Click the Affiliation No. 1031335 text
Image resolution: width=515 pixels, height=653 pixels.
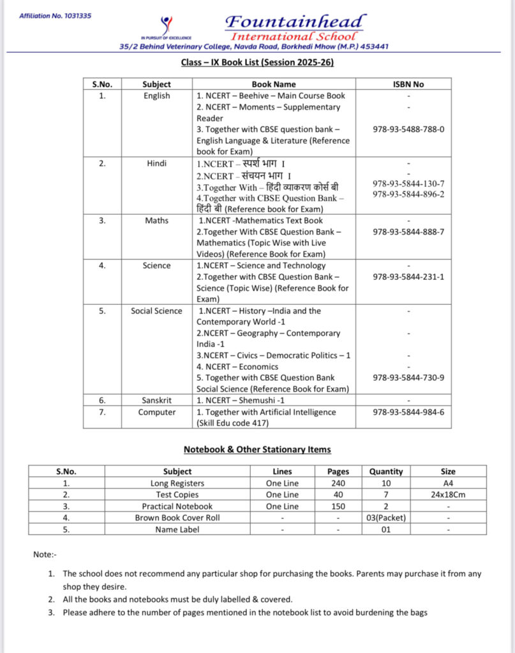pyautogui.click(x=55, y=15)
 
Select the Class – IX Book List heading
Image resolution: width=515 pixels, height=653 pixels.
pyautogui.click(x=257, y=62)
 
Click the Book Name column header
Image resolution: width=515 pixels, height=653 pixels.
pyautogui.click(x=274, y=84)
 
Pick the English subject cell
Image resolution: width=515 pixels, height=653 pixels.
pyautogui.click(x=156, y=96)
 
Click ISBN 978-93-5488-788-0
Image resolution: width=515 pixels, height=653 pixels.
pyautogui.click(x=408, y=129)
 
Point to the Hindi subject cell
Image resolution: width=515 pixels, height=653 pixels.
pyautogui.click(x=156, y=163)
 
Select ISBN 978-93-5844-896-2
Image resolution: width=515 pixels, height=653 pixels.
pyautogui.click(x=408, y=194)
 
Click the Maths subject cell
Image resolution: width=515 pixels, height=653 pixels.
pyautogui.click(x=156, y=221)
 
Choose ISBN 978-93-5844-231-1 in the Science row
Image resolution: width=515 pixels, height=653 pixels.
pyautogui.click(x=408, y=277)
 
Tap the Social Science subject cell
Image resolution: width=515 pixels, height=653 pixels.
pyautogui.click(x=156, y=311)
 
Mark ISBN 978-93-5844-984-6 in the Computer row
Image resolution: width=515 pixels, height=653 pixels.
pyautogui.click(x=408, y=412)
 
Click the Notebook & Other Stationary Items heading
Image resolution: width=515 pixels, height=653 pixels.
pyautogui.click(x=257, y=450)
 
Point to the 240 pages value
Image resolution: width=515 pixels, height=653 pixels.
pyautogui.click(x=338, y=483)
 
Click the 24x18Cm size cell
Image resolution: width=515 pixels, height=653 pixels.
pyautogui.click(x=448, y=495)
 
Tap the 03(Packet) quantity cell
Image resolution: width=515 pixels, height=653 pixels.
pyautogui.click(x=385, y=518)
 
